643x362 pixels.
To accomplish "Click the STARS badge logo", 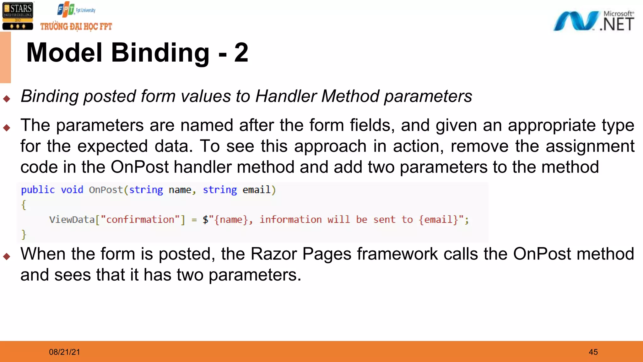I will [x=18, y=16].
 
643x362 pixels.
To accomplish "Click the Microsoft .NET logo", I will [x=593, y=21].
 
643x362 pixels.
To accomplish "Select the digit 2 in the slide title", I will [x=241, y=53].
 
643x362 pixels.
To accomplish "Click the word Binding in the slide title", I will [x=160, y=53].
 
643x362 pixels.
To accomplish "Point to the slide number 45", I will [x=593, y=352].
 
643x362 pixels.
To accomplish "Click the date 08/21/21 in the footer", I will [x=64, y=352].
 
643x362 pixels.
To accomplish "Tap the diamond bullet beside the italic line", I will [x=7, y=99].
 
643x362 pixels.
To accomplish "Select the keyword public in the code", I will [x=38, y=190].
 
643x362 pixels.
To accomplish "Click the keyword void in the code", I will [x=72, y=190].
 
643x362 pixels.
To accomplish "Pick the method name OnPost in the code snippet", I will [x=106, y=190].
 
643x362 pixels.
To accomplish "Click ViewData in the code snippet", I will [x=72, y=219].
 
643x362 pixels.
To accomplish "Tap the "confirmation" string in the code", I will [x=140, y=219].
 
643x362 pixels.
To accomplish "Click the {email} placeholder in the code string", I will [x=438, y=219].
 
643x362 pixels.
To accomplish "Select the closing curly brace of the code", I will [x=24, y=234].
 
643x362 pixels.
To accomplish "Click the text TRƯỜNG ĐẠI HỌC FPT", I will [x=76, y=26].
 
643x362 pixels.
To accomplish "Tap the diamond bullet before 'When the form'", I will [x=7, y=256].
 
